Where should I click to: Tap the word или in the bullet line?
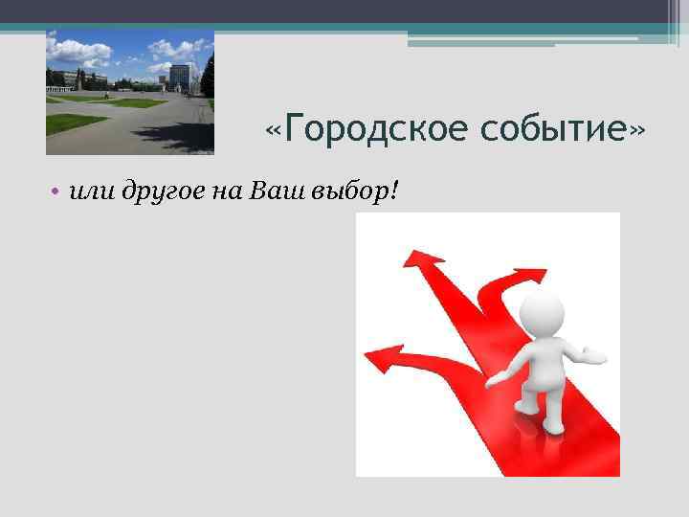(x=91, y=191)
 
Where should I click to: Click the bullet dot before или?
(x=58, y=192)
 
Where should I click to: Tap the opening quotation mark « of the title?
(x=276, y=128)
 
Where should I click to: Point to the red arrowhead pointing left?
(x=378, y=361)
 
